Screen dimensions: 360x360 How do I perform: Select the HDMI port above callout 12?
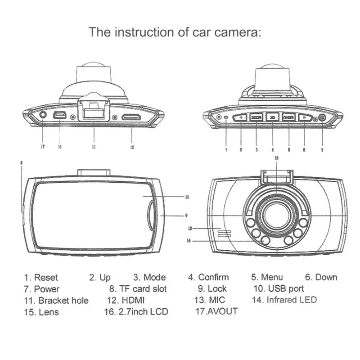point(131,117)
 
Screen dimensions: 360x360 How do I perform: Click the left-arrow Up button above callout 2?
point(241,117)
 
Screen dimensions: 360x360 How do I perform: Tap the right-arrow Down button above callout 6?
point(305,117)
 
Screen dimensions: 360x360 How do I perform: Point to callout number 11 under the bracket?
point(93,147)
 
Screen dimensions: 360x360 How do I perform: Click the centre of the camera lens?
point(276,215)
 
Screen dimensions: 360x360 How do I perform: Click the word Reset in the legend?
point(46,278)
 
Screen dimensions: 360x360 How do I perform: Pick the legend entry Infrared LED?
point(291,300)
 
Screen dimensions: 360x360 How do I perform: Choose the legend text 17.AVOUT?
point(216,311)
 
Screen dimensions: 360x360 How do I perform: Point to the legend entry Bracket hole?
point(63,300)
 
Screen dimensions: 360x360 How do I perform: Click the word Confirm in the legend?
point(213,278)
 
